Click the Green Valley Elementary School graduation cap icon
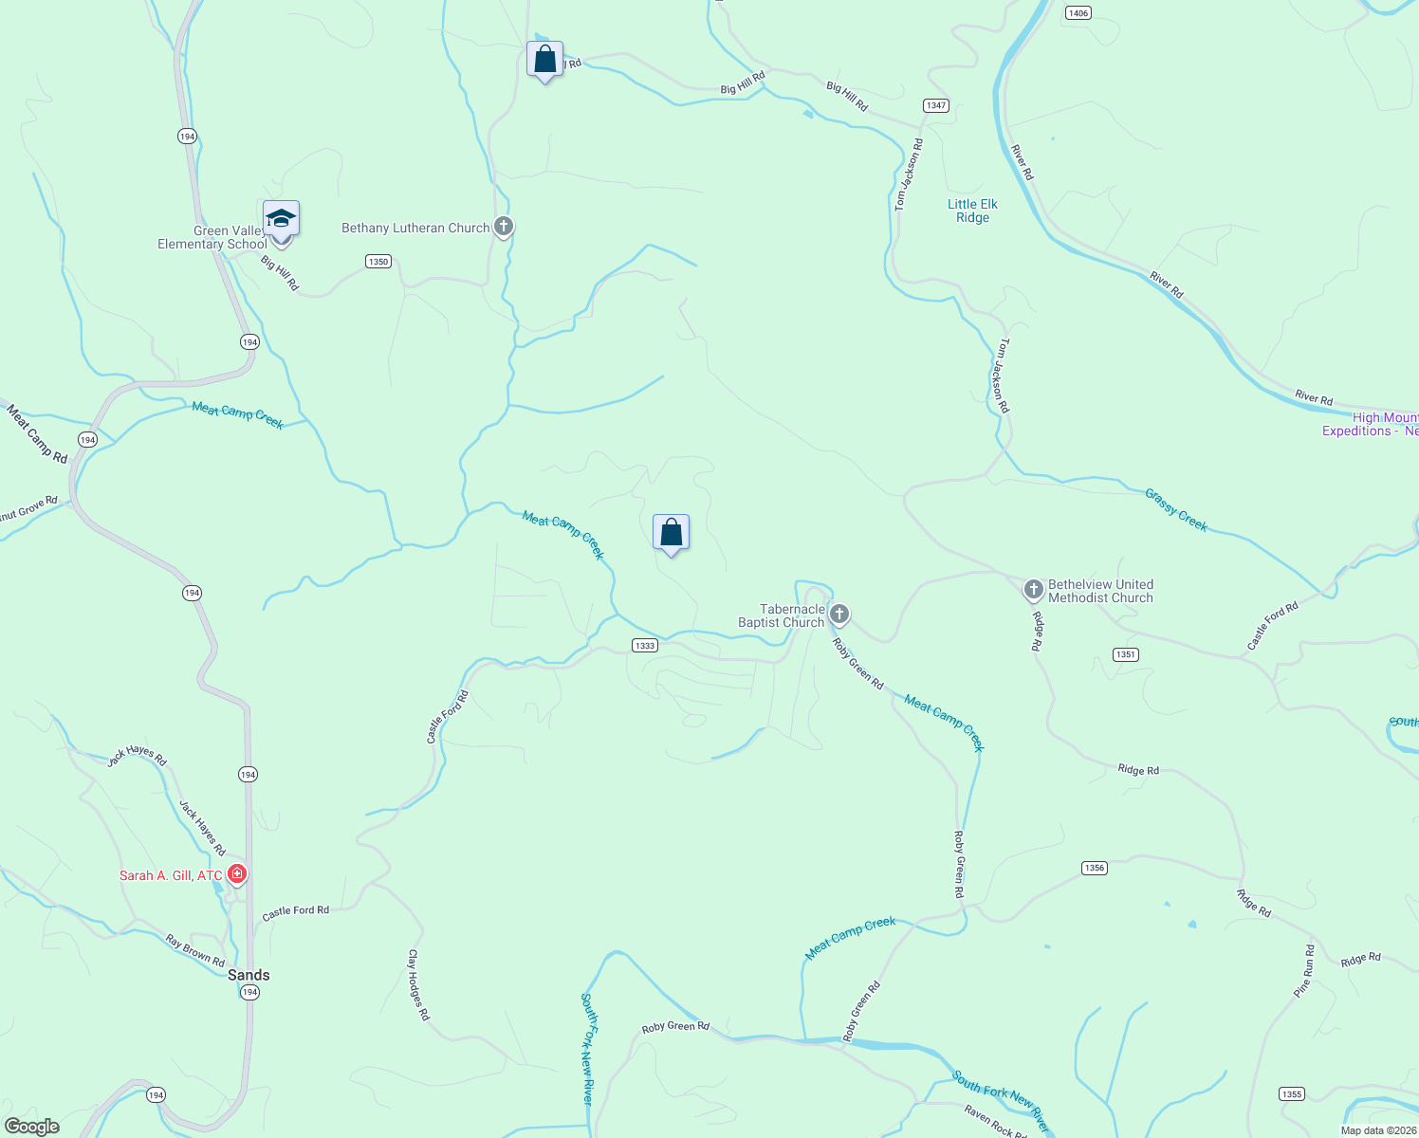point(281,219)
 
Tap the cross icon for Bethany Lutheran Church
point(504,227)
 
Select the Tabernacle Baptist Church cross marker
point(838,615)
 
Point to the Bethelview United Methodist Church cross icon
point(1034,590)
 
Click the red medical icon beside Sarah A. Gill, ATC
point(236,873)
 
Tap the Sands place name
point(249,975)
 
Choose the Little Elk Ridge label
point(972,211)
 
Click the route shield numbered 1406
point(1078,12)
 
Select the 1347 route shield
point(936,105)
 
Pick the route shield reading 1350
point(378,261)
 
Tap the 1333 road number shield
point(644,646)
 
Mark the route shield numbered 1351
point(1125,654)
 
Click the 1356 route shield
point(1095,868)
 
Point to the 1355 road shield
point(1291,1093)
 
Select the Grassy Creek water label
point(1176,510)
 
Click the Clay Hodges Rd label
point(418,984)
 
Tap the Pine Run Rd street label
point(1305,970)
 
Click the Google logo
point(31,1127)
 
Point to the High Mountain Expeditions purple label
point(1371,424)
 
